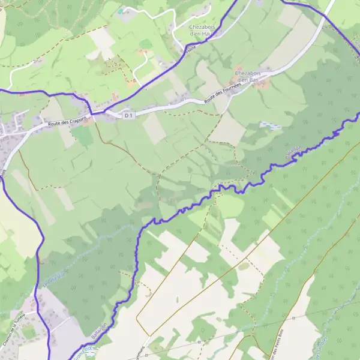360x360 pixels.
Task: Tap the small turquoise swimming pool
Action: pyautogui.click(x=122, y=10)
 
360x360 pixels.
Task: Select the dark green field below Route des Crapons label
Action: pyautogui.click(x=82, y=136)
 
